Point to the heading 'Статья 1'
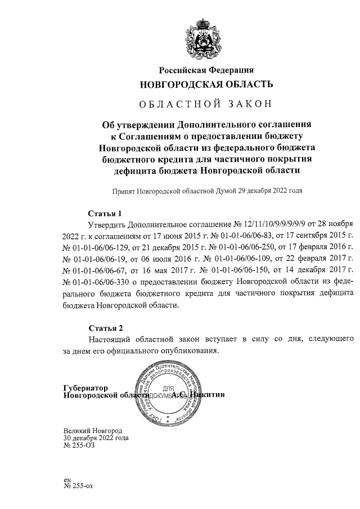pos(105,213)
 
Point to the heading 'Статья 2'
pos(105,327)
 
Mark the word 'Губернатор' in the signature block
pos(85,388)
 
